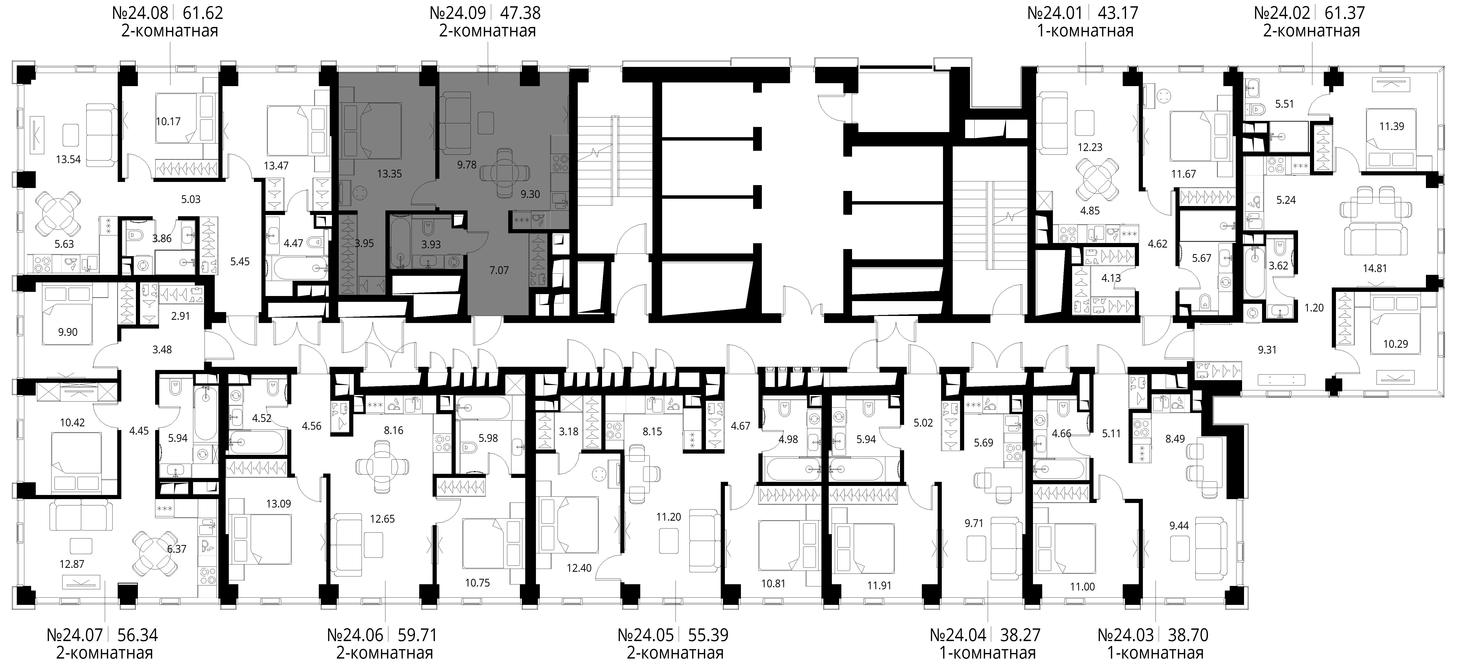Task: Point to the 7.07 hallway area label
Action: click(499, 270)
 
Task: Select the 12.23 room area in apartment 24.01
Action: click(1090, 147)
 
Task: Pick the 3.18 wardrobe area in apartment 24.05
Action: click(569, 432)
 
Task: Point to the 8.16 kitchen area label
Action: click(394, 431)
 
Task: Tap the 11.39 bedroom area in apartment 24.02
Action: click(1392, 126)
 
